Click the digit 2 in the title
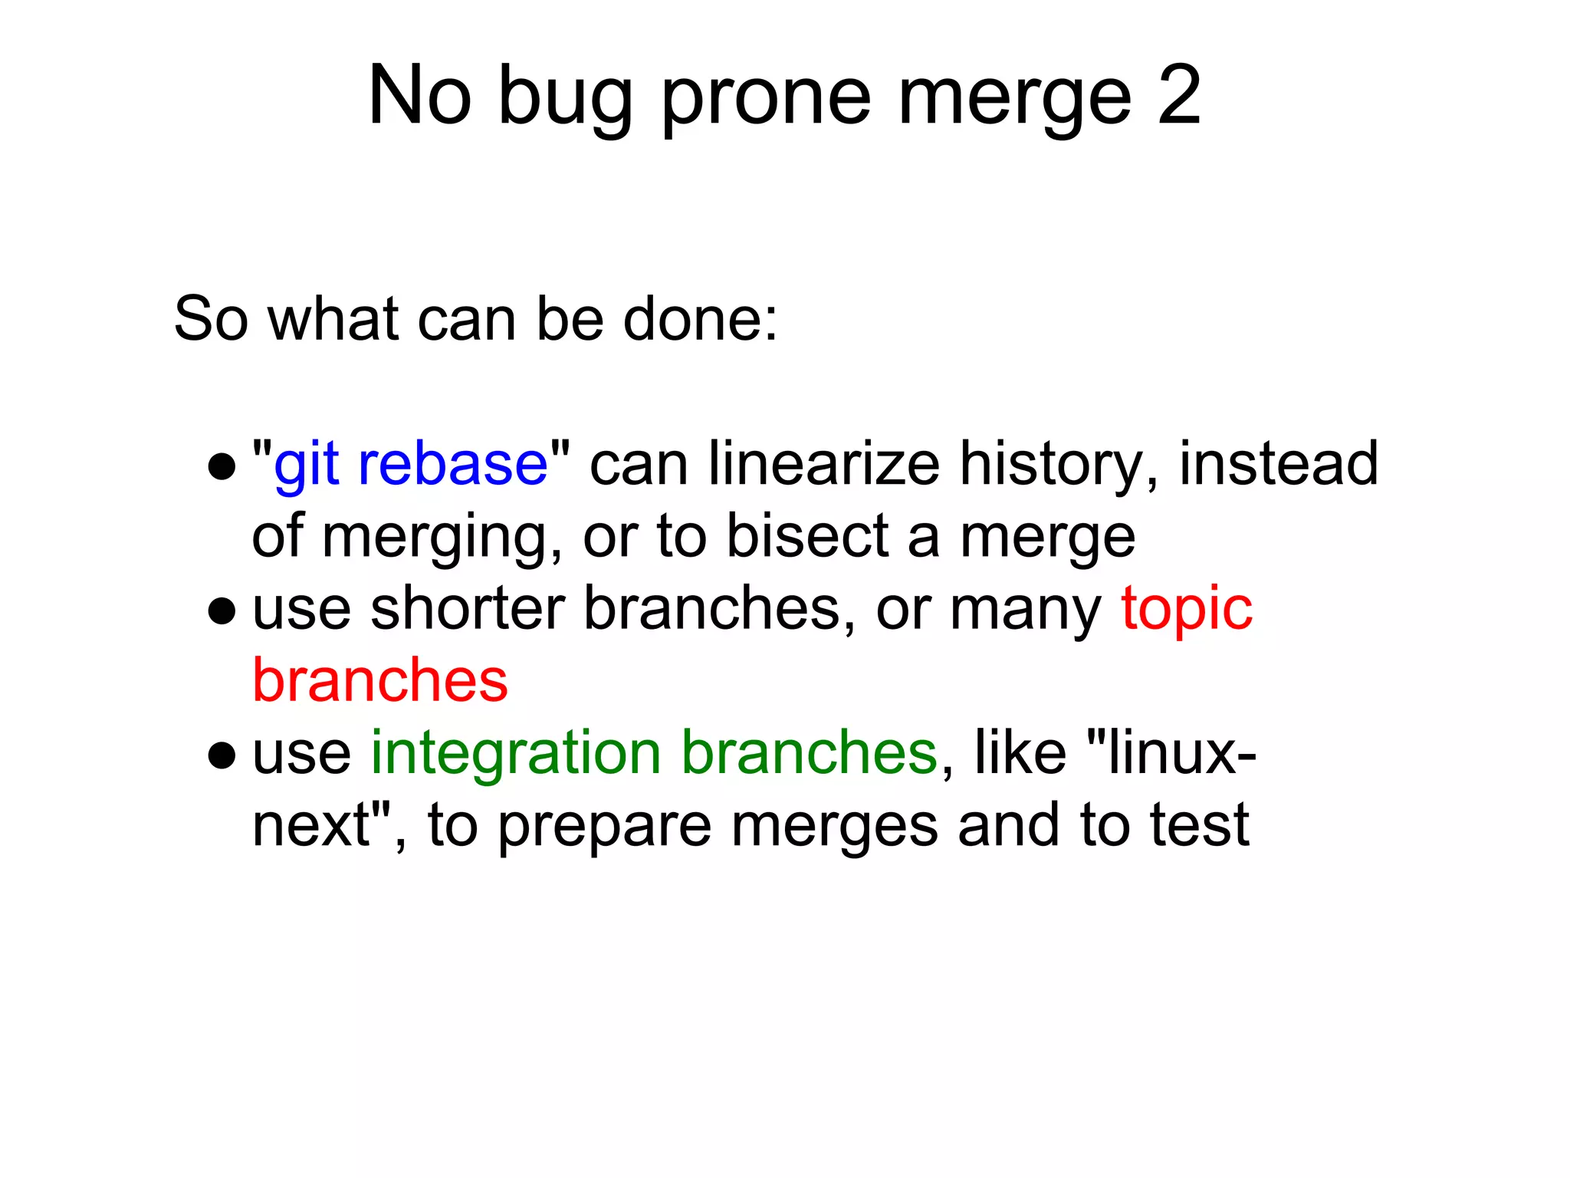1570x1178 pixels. pos(1179,95)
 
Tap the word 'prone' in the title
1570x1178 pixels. pos(766,100)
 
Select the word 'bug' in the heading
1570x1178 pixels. pos(566,100)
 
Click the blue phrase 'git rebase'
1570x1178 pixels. pos(411,466)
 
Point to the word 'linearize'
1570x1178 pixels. pos(824,464)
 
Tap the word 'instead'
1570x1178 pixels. pos(1278,464)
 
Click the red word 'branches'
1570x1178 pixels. pos(380,680)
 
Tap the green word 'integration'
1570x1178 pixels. pos(516,754)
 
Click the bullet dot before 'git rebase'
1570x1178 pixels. pos(222,466)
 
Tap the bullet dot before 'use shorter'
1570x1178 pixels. pos(222,610)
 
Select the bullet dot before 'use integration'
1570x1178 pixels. pos(222,755)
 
